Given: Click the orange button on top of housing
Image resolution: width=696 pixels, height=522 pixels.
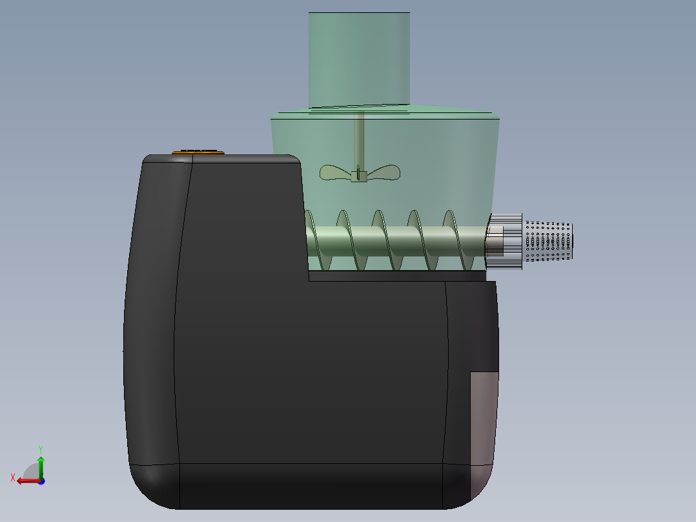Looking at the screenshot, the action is point(198,152).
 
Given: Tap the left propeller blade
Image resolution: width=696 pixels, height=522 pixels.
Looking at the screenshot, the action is point(335,172).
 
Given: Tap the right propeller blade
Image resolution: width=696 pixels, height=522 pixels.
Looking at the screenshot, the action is point(384,172).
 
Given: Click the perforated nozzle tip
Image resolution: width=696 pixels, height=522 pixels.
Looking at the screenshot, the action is point(549,241).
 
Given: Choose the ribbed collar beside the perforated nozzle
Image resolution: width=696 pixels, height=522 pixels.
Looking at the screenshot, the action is point(505,241).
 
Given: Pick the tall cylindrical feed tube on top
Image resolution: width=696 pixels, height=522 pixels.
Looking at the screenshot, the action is point(359,60).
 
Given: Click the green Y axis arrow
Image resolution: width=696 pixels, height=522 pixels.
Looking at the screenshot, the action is point(41,466).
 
